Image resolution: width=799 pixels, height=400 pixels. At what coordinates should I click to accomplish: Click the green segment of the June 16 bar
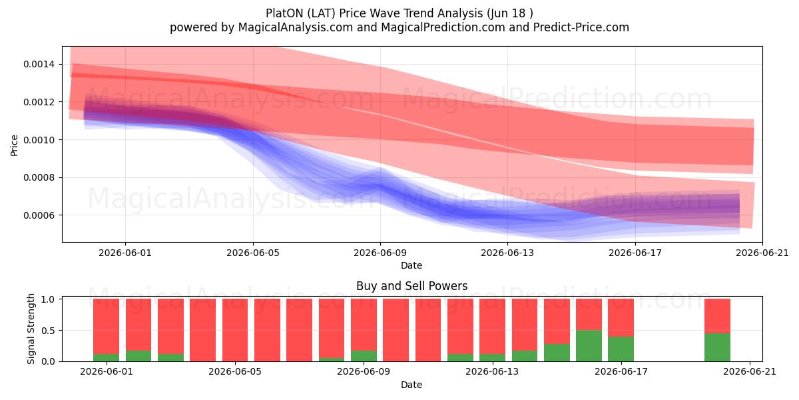point(589,346)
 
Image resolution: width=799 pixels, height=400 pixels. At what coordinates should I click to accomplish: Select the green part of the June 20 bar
point(717,347)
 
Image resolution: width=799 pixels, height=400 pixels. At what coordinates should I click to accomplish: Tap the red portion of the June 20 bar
point(717,316)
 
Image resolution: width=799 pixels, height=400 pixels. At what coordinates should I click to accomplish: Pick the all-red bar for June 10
point(396,330)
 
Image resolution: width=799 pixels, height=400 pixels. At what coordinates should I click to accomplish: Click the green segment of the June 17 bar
point(621,349)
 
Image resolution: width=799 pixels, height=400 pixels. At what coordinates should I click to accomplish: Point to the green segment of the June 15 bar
point(557,353)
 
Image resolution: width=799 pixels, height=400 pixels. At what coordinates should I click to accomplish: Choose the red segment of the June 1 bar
point(107,327)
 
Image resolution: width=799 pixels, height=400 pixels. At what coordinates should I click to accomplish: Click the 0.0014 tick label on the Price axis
point(39,64)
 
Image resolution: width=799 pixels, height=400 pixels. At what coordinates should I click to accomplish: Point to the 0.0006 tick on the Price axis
point(39,215)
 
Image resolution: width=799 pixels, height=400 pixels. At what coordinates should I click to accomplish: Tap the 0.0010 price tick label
point(39,140)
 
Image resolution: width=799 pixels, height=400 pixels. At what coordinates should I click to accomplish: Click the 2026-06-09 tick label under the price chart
point(380,253)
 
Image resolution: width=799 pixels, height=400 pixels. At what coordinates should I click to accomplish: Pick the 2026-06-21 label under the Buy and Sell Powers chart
point(750,372)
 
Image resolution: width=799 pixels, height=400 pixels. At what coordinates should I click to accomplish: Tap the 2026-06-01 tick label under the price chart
point(125,253)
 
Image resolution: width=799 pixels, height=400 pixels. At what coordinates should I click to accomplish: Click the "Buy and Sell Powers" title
point(412,286)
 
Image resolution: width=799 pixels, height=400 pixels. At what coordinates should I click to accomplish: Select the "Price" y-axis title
point(14,145)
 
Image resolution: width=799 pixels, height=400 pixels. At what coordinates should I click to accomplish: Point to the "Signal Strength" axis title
point(31,329)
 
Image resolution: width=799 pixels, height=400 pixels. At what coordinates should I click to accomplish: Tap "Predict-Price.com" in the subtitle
point(581,27)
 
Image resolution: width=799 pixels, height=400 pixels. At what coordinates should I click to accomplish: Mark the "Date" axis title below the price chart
point(411,265)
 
